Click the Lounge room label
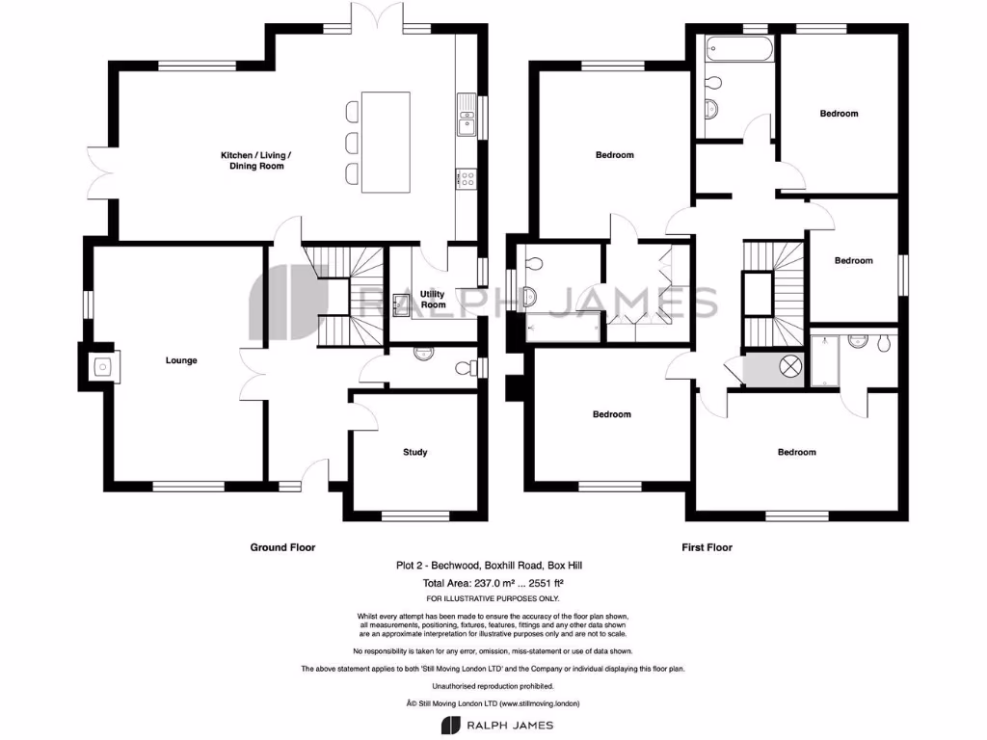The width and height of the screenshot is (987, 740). tap(181, 360)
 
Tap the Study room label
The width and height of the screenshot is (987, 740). tap(414, 452)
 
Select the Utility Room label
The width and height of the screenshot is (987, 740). tap(433, 299)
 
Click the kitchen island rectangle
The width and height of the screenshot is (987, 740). tap(386, 142)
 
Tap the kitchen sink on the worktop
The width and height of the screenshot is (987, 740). tap(467, 120)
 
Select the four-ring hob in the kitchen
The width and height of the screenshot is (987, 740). tap(466, 178)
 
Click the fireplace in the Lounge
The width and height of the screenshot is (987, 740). tap(99, 364)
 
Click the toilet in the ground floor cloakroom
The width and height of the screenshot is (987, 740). tap(465, 369)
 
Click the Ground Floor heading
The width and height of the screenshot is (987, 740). tap(282, 547)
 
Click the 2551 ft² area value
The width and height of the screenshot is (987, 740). tap(546, 583)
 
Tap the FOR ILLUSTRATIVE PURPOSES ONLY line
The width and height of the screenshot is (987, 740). tap(493, 598)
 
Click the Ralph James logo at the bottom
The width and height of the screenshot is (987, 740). tap(493, 724)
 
